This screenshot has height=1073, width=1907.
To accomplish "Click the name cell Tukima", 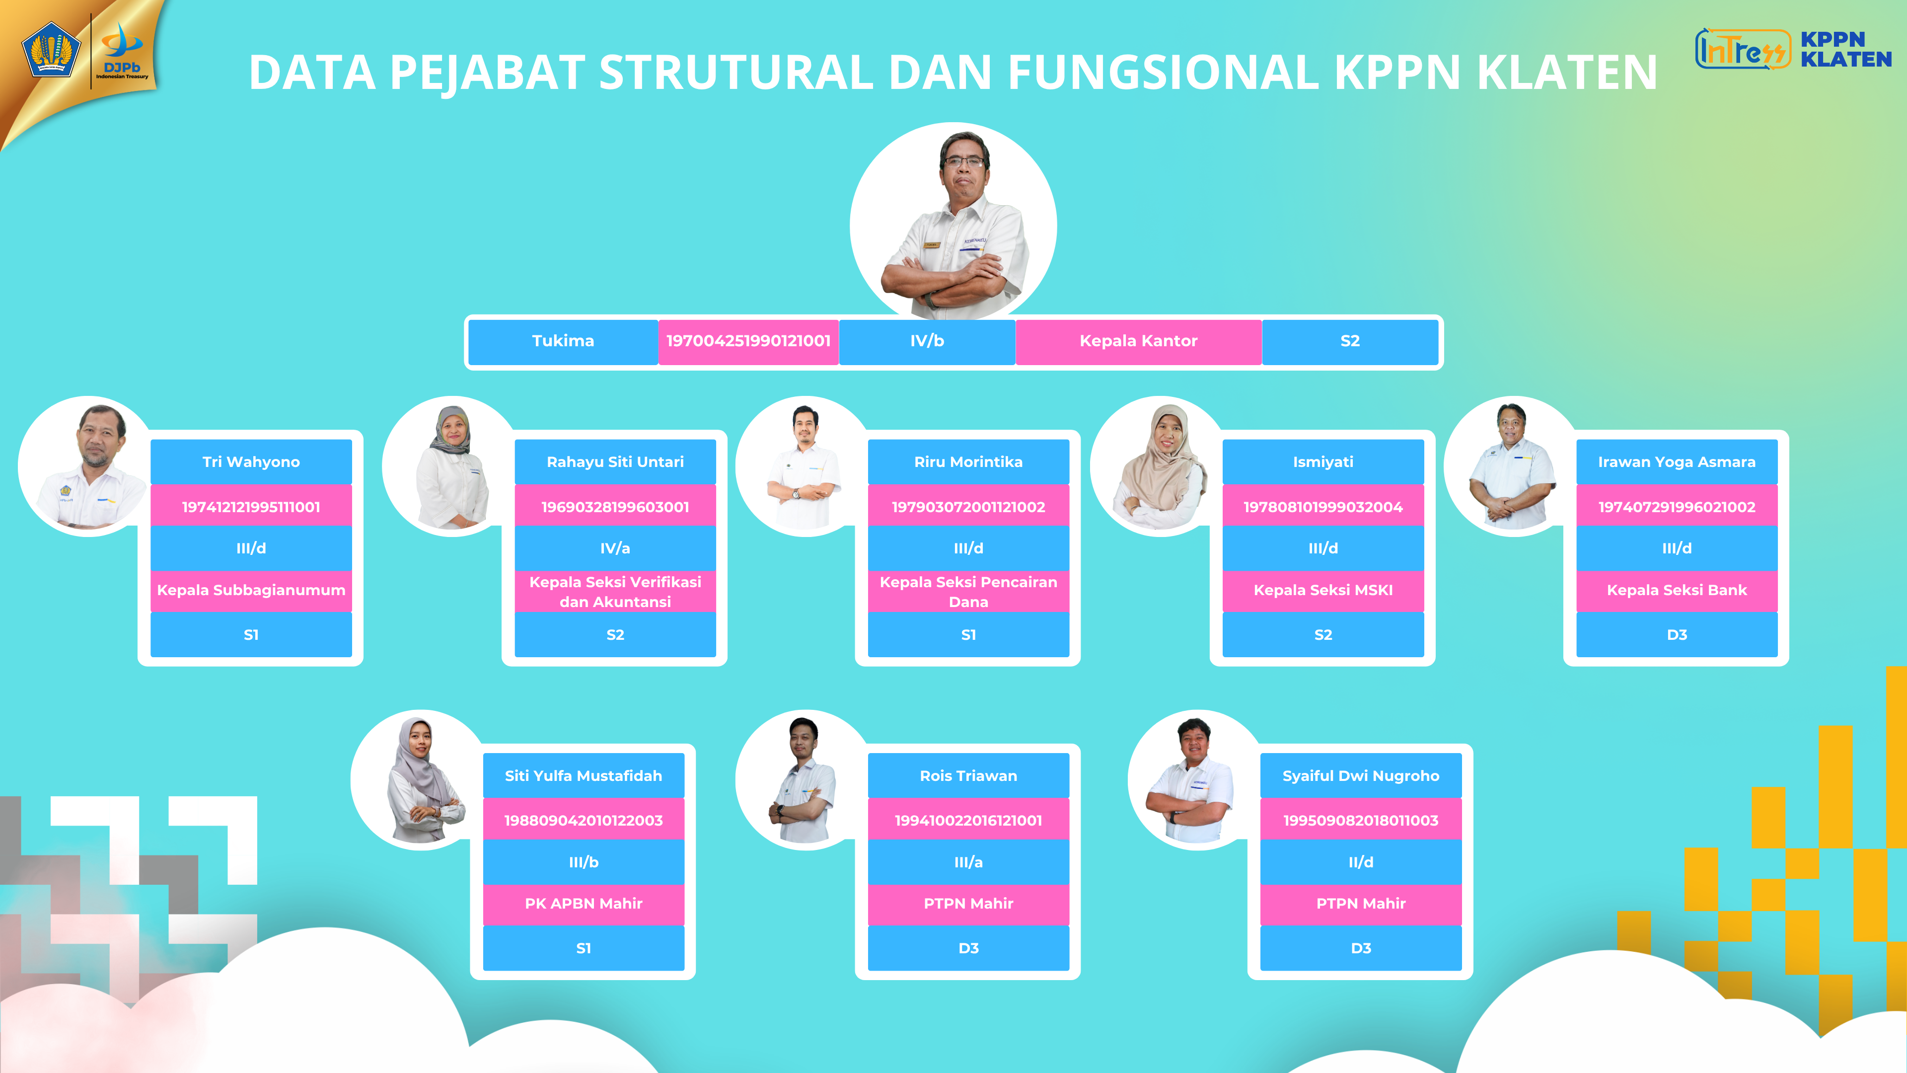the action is click(x=563, y=341).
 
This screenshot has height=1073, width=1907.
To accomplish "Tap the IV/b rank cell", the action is click(x=927, y=341).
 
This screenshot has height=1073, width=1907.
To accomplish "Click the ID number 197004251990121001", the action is click(x=748, y=341).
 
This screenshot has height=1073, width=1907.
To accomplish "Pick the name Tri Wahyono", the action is click(x=251, y=462).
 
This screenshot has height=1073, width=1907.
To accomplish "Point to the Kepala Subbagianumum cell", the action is click(x=251, y=590).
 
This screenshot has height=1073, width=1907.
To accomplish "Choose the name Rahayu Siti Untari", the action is click(x=615, y=462).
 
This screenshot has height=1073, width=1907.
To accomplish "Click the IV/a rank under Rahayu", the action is click(x=615, y=548).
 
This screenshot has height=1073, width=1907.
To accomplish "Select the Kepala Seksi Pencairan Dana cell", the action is click(x=968, y=591).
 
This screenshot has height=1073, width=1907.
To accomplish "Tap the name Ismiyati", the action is click(x=1323, y=462).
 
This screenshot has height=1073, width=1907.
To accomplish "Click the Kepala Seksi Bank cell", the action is click(x=1677, y=590).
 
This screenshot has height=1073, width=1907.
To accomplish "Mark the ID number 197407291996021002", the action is click(x=1677, y=507).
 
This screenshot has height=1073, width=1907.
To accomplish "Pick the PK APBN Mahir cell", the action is click(x=584, y=904).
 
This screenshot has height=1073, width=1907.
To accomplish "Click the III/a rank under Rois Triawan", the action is click(x=968, y=862).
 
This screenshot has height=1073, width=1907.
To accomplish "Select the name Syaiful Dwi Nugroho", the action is click(x=1361, y=776).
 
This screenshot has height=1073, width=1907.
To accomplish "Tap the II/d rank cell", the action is click(x=1361, y=862).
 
